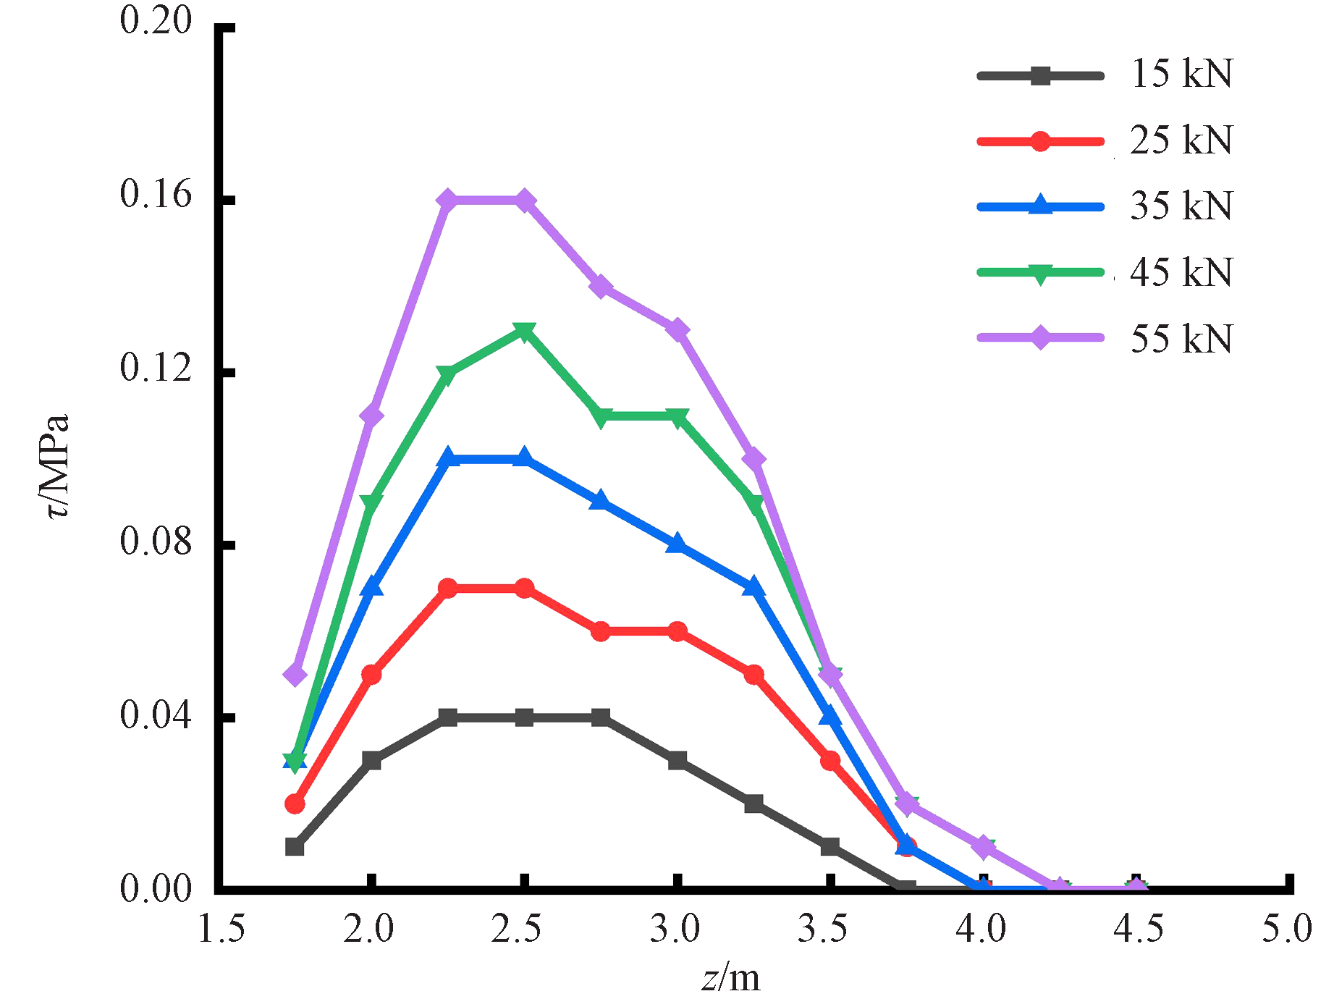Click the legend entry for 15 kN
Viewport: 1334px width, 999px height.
[x=1181, y=74]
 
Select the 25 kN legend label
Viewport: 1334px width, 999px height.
[x=1181, y=140]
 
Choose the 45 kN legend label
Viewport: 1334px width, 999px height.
[x=1181, y=272]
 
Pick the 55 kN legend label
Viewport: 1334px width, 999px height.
[x=1181, y=338]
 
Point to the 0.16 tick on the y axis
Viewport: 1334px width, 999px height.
[x=156, y=194]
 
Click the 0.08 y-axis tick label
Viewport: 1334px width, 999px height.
[x=156, y=541]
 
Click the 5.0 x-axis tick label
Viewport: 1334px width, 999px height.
[x=1286, y=929]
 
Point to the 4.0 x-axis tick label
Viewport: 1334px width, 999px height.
[x=980, y=929]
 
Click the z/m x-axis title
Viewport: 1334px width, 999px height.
[x=731, y=979]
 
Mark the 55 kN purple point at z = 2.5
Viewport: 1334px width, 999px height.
[x=524, y=200]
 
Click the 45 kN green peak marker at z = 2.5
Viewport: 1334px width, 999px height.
[x=524, y=331]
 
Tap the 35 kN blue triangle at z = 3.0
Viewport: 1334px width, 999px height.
[x=677, y=544]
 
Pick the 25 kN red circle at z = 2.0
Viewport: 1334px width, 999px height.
[x=371, y=675]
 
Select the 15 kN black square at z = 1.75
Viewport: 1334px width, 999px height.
[x=295, y=846]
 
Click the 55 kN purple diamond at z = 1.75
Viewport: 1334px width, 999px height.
[x=295, y=675]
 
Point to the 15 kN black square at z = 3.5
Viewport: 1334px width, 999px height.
[x=830, y=846]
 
